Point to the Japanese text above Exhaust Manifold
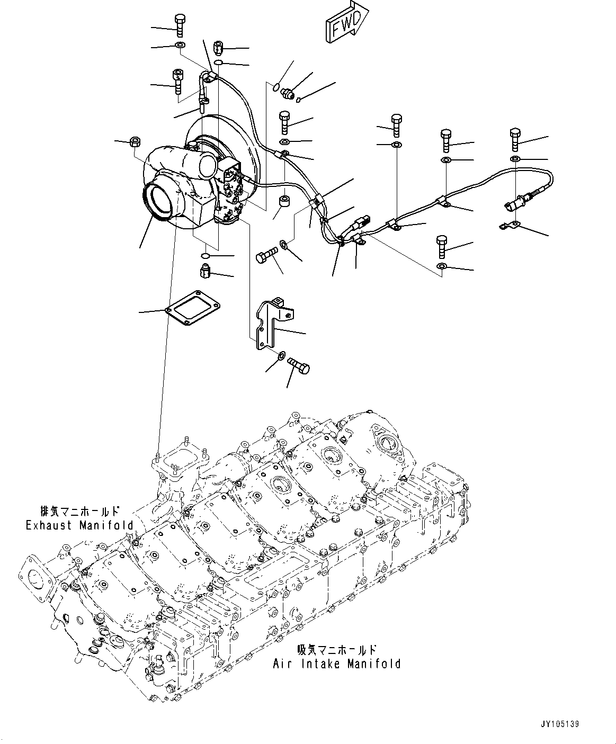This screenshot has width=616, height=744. (79, 512)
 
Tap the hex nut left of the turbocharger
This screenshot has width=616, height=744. (135, 141)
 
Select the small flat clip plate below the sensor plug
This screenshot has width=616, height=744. (509, 226)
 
